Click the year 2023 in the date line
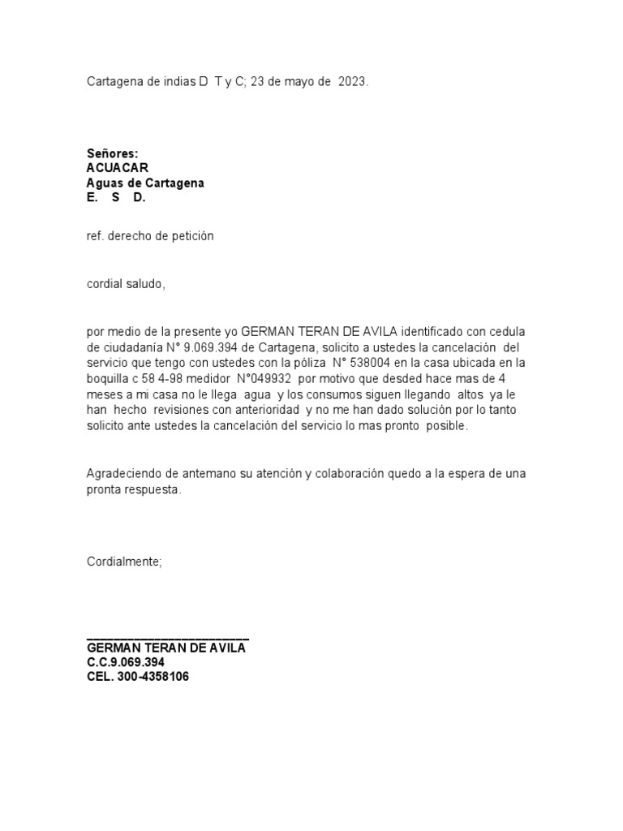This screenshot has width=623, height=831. coord(352,82)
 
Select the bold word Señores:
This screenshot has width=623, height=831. coord(113,153)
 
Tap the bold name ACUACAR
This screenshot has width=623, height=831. coord(118,168)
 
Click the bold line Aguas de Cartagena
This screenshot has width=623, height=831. coord(145,183)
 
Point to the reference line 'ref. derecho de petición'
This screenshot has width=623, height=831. coord(150,236)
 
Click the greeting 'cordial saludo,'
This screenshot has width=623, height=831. coord(126,284)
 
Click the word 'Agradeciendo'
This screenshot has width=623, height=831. coord(123,473)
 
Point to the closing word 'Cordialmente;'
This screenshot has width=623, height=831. coord(124,562)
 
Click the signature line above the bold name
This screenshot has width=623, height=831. coord(168,639)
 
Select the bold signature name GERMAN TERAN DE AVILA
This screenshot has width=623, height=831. coord(166,648)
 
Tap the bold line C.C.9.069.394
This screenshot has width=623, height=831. coord(126,662)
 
